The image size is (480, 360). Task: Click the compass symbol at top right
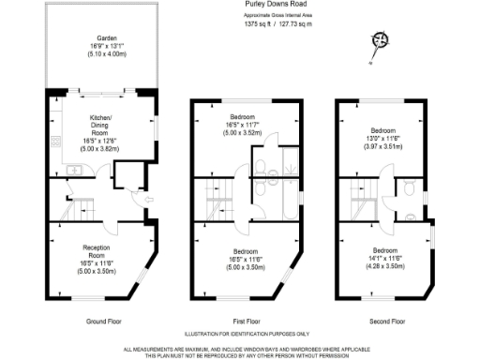tap(380, 39)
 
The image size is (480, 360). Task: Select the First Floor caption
tap(246, 322)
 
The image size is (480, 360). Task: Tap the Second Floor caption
tap(385, 322)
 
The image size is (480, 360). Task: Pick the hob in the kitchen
tap(55, 142)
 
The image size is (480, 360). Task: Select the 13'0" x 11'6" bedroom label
tap(385, 139)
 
